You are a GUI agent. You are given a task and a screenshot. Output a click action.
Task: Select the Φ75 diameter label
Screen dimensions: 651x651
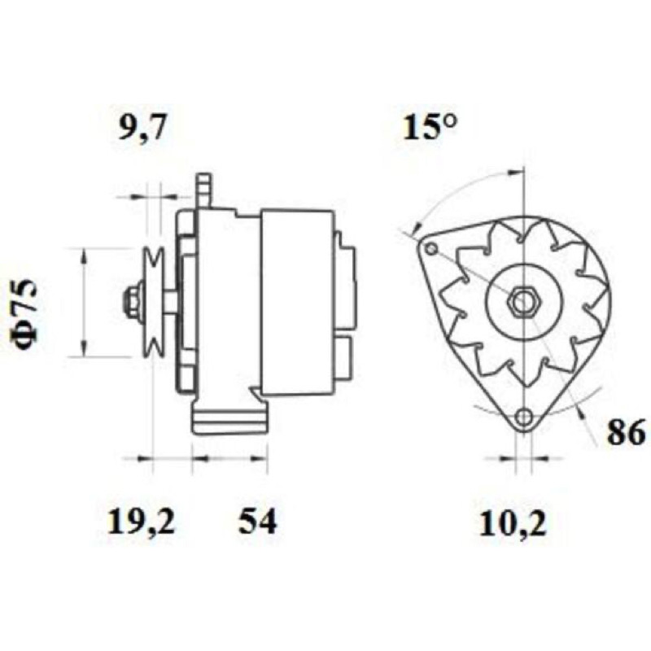[26, 314]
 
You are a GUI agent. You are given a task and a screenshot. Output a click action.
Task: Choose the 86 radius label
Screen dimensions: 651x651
[627, 433]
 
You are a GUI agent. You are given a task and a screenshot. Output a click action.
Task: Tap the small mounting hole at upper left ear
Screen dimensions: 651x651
[431, 248]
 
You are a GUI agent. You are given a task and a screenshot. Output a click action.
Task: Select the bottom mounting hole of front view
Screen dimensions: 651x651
[524, 417]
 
